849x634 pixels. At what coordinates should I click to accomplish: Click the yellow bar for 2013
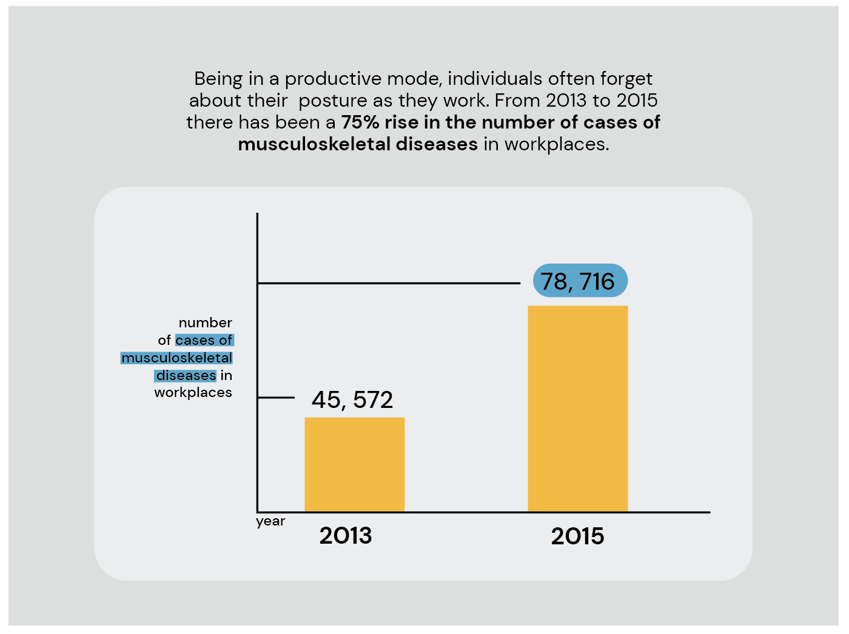click(354, 464)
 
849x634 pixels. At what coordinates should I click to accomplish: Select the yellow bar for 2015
click(577, 409)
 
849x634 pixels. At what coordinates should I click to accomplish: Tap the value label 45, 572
click(352, 400)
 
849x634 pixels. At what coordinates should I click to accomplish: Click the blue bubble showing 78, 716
click(580, 281)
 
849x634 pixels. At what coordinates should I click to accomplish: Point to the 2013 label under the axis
click(346, 536)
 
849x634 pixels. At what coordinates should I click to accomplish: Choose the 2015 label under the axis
click(577, 536)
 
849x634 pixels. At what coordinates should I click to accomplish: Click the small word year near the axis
click(270, 521)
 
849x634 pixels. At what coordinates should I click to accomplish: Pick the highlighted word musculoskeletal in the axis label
click(177, 358)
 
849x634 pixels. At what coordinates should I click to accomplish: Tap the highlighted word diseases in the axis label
click(186, 375)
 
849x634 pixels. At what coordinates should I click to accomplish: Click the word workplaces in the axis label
click(193, 393)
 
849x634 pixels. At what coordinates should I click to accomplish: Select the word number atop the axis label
click(206, 322)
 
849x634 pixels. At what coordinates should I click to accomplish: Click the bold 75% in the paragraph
click(360, 122)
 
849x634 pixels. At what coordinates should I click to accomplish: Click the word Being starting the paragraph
click(218, 79)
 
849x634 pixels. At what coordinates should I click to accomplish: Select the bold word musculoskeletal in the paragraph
click(315, 144)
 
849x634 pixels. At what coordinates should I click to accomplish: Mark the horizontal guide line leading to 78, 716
click(388, 283)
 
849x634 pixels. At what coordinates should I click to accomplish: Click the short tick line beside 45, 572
click(276, 398)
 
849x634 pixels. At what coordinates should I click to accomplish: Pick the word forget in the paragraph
click(626, 79)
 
